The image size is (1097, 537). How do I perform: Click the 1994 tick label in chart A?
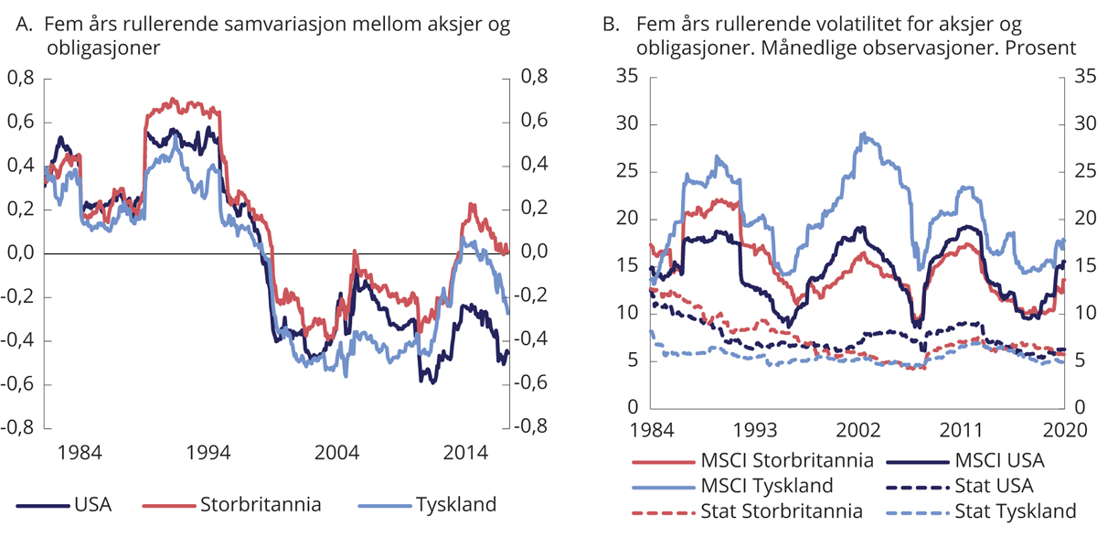[208, 452]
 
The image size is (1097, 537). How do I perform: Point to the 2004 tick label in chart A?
[337, 452]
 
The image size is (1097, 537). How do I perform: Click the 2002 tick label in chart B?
[857, 430]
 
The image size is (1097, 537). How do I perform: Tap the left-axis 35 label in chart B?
[627, 76]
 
